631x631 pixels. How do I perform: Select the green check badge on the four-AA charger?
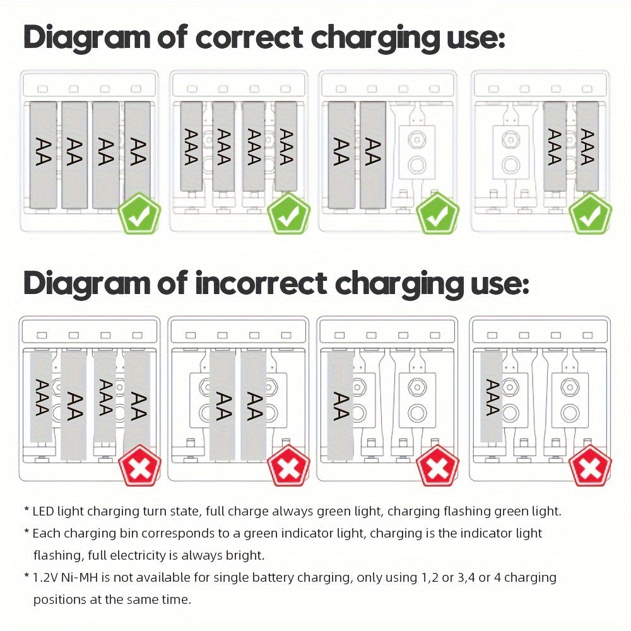(x=139, y=215)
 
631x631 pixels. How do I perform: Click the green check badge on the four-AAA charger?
(x=288, y=215)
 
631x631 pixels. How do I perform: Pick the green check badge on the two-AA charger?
(x=437, y=215)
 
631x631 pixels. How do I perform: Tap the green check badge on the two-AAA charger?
(x=590, y=215)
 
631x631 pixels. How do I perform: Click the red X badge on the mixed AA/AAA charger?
(x=139, y=465)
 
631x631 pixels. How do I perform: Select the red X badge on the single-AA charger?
(x=437, y=465)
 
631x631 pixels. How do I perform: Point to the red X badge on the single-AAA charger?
(x=590, y=465)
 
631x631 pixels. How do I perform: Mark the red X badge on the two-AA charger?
(x=288, y=465)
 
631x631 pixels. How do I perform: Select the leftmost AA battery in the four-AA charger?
(x=44, y=155)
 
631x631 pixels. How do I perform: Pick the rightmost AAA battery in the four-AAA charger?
(x=286, y=147)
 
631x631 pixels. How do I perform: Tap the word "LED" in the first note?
(x=44, y=511)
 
